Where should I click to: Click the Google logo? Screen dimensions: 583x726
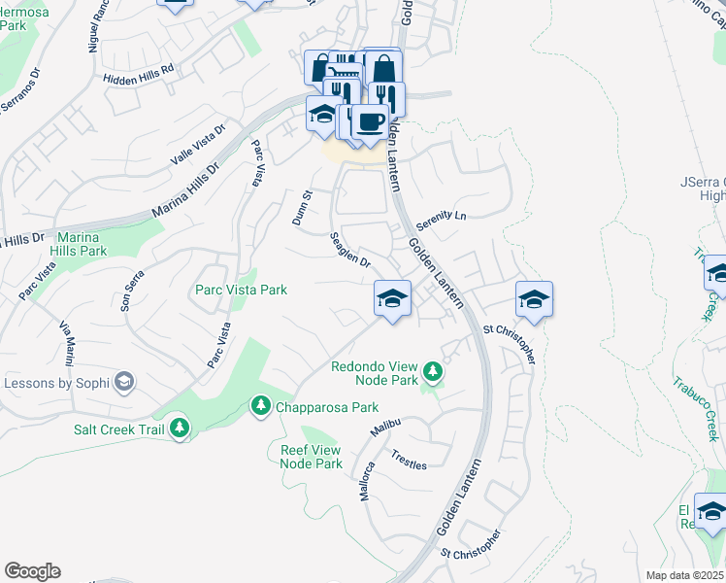[x=32, y=571]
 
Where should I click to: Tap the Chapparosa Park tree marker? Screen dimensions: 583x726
[x=260, y=404]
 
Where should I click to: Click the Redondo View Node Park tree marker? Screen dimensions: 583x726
[x=433, y=371]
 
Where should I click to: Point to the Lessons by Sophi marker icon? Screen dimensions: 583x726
[x=123, y=382]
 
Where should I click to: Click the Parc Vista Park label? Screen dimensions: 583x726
[x=241, y=290]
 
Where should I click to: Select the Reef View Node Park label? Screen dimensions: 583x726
[x=312, y=457]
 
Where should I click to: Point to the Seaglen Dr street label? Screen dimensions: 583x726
[x=350, y=250]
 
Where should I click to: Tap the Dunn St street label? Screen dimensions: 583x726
[x=302, y=208]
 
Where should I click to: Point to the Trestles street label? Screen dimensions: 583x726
[x=409, y=460]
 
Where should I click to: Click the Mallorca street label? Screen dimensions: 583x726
[x=369, y=479]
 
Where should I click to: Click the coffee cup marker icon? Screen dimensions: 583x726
[x=369, y=122]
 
